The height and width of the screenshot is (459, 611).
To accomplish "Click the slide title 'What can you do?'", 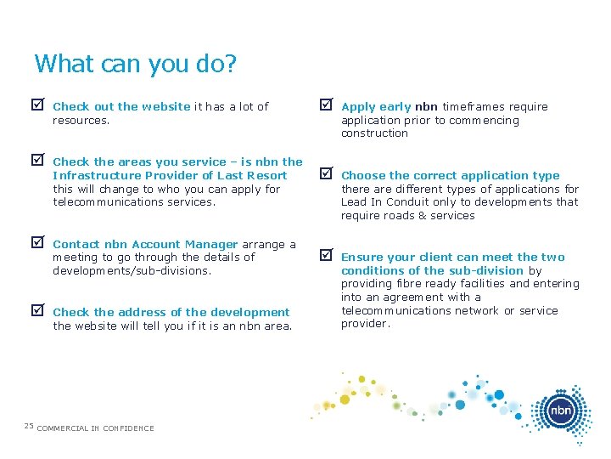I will click(x=135, y=64).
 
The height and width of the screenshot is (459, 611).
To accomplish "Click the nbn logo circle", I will click(x=560, y=411).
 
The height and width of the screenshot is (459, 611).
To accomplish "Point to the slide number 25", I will click(x=28, y=426).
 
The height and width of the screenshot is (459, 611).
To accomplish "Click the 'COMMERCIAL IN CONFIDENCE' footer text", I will click(x=96, y=428).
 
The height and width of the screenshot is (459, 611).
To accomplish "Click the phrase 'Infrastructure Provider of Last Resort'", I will click(x=170, y=176).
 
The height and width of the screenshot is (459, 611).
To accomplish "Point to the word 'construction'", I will click(x=374, y=133).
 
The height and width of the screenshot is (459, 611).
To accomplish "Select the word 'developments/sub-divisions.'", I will click(x=132, y=270).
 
